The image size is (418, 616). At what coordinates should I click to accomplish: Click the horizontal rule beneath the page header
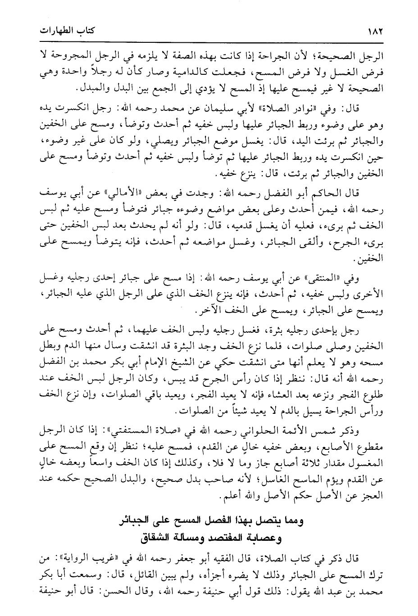pos(209,42)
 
